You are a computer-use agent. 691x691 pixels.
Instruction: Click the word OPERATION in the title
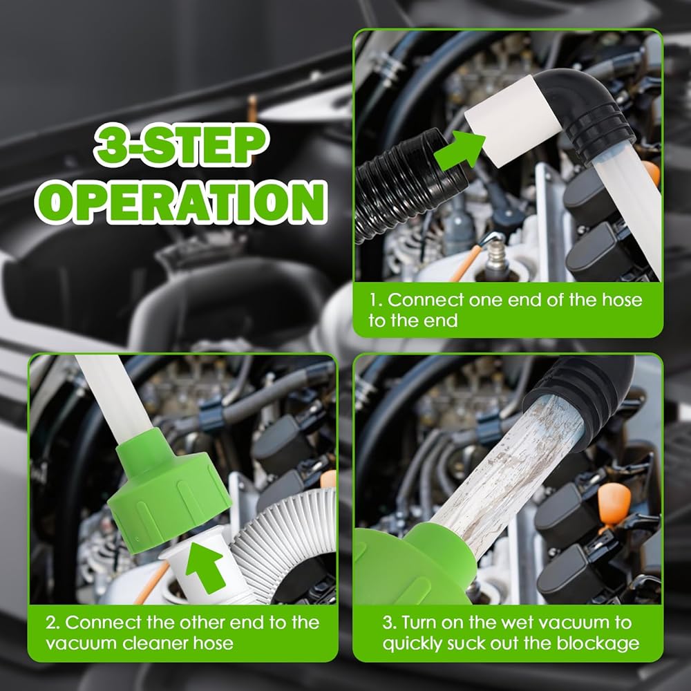[x=181, y=202]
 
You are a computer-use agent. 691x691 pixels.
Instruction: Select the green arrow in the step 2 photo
[x=205, y=567]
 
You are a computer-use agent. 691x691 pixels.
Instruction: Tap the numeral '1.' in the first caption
[x=375, y=300]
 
